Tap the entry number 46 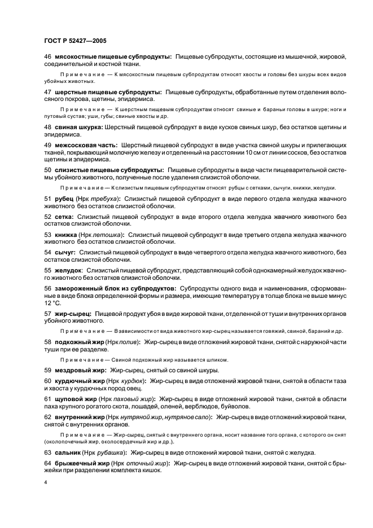(x=47, y=57)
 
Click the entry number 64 (x=47, y=463)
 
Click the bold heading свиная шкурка (x=75, y=127)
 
